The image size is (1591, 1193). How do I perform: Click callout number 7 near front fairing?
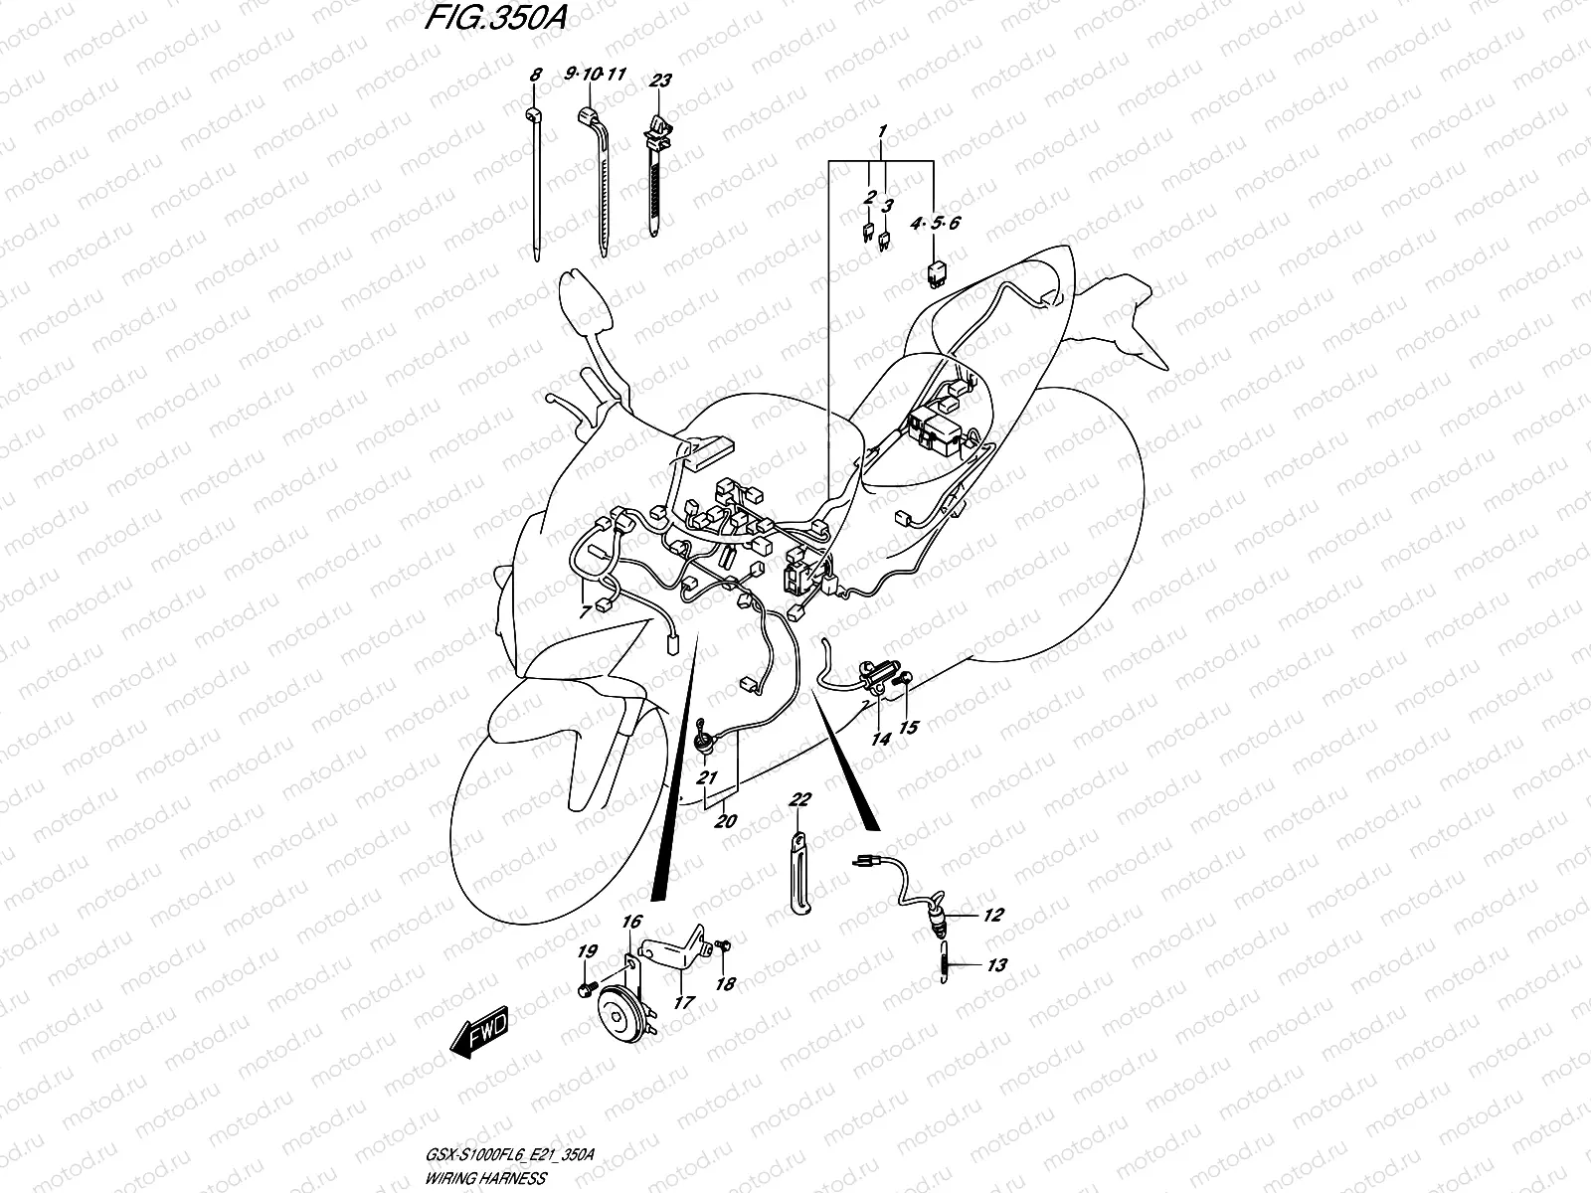coord(585,612)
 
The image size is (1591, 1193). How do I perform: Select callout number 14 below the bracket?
coord(880,739)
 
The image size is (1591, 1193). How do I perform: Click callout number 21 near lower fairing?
coord(706,776)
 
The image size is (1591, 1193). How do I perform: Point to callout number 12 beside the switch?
coord(993,916)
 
